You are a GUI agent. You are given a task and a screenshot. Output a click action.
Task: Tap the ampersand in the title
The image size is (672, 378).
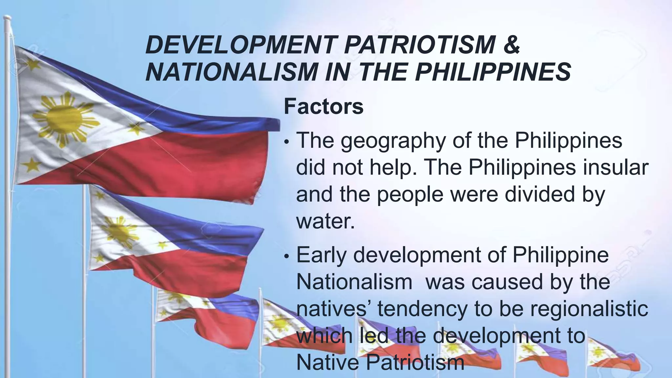tap(511, 45)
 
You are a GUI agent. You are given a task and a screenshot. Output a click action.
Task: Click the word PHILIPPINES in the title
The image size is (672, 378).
tap(493, 72)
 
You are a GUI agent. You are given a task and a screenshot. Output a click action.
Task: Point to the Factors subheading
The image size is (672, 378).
tap(324, 106)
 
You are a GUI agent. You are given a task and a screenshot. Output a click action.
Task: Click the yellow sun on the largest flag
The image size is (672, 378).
tap(64, 118)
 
